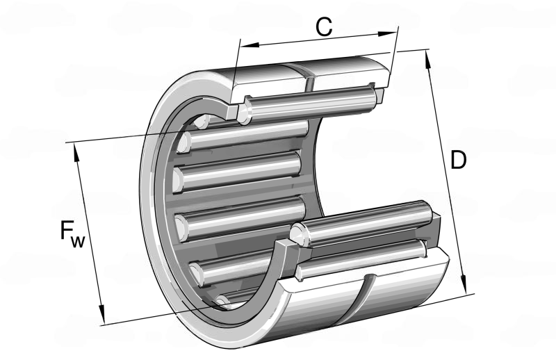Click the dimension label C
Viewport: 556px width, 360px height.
(x=324, y=27)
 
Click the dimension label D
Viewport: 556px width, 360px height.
(x=458, y=160)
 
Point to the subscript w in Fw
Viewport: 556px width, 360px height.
(x=78, y=241)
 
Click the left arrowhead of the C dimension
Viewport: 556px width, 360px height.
(x=250, y=44)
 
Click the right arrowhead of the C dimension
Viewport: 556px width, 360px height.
(x=387, y=33)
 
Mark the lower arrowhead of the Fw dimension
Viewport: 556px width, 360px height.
(x=101, y=314)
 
